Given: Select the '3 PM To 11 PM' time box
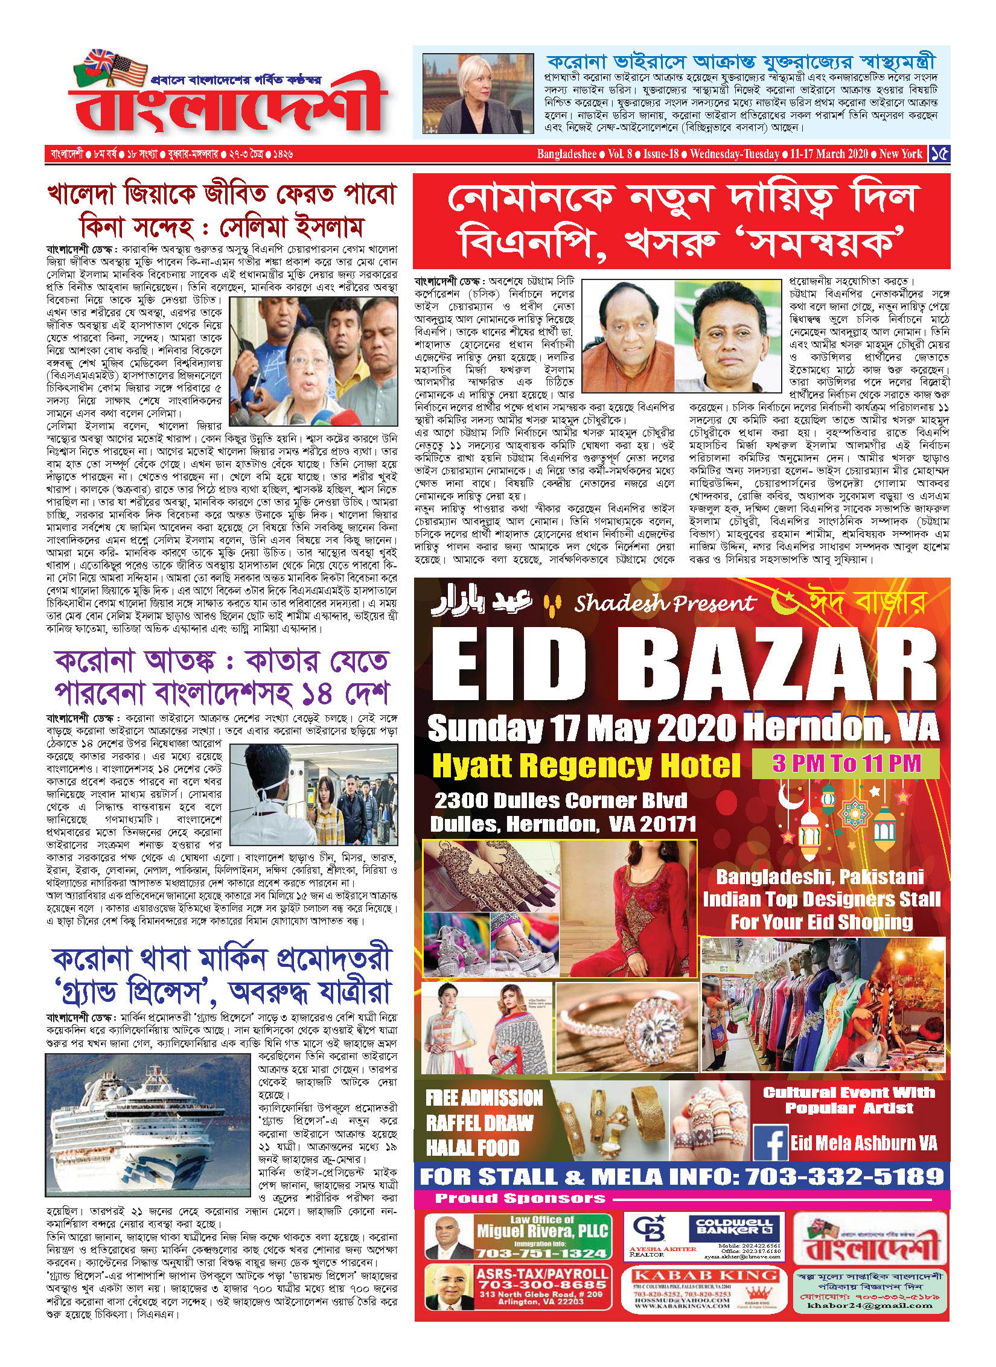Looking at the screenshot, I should pos(846,764).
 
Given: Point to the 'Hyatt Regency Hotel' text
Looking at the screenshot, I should pos(586,766).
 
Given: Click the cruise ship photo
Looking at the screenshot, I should pos(148,1126).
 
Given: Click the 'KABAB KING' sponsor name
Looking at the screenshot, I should pos(704,1275).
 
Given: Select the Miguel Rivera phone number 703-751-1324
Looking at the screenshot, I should pos(541,1253).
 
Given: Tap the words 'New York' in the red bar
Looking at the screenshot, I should pos(901,154).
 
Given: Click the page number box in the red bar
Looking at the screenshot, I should pos(939,154).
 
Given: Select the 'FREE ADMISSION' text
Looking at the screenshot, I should pos(484,1098).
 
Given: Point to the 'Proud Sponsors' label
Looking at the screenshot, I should pos(520,1198).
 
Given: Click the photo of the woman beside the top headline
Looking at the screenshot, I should pos(477,94).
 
